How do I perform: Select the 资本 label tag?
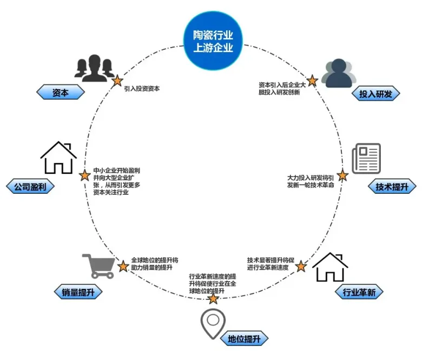(61, 93)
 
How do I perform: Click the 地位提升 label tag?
(244, 339)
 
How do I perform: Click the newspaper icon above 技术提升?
(366, 158)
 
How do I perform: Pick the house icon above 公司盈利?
(58, 158)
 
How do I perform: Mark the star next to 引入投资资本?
(117, 81)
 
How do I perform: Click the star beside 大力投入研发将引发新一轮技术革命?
(342, 175)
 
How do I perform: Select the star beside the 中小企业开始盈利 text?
(84, 175)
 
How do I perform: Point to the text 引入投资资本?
(142, 88)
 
